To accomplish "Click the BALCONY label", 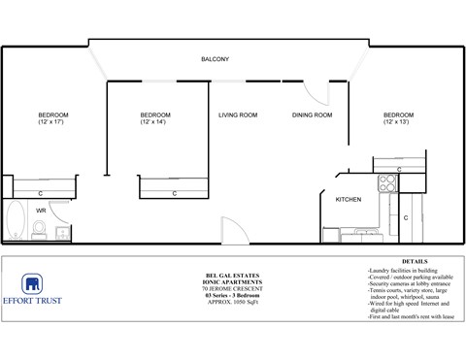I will point(215,60).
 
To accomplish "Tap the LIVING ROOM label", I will point(237,115).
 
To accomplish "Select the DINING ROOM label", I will point(312,115).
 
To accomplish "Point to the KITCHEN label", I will point(349,199).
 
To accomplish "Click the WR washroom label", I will point(41,210).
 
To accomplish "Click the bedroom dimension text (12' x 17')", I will point(53,123).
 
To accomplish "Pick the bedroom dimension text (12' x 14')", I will point(155,123).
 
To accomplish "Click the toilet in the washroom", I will point(39,229).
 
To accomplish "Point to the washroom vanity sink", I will point(61,231).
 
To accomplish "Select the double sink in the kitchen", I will point(367,232).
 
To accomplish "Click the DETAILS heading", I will point(415,262).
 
